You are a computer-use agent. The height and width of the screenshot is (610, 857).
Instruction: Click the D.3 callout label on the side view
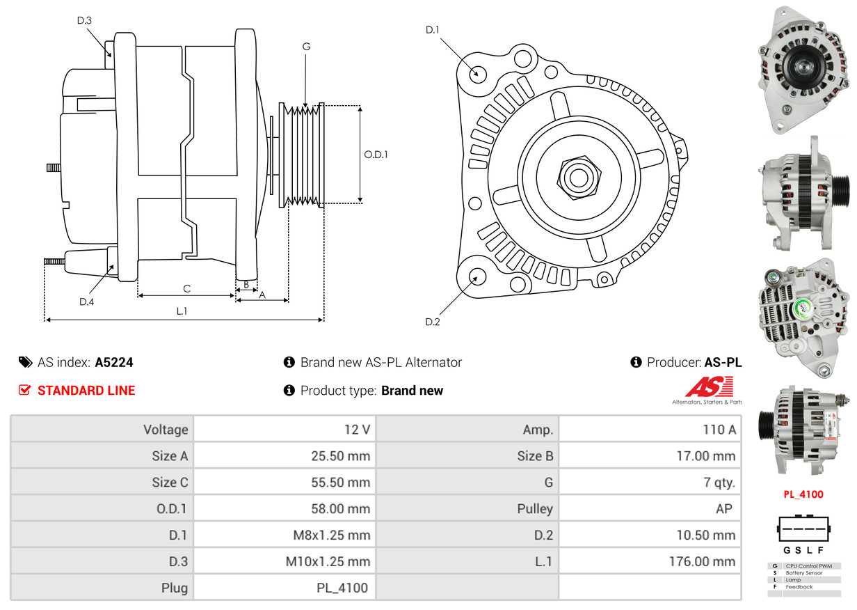pos(84,21)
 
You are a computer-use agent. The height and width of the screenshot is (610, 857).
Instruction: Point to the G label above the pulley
pos(306,47)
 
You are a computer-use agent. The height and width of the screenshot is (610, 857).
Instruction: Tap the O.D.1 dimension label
pos(376,155)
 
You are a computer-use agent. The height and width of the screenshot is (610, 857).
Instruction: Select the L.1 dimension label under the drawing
pos(182,311)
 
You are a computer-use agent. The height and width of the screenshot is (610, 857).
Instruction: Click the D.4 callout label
pos(86,302)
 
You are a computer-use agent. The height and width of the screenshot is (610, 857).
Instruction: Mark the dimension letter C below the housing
pos(186,288)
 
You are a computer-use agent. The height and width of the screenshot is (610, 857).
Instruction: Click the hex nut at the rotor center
pos(577,177)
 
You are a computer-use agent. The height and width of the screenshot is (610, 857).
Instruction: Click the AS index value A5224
pos(114,362)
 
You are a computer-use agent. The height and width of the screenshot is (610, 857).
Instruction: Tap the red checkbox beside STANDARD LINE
pos(24,390)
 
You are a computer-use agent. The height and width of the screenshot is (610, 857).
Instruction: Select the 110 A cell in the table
pos(719,430)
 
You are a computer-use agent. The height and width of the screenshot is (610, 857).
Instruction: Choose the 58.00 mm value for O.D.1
pos(340,509)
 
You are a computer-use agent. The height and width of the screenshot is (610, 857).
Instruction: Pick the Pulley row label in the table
pos(535,509)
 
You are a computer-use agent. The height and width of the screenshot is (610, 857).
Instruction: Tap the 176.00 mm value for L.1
pos(703,561)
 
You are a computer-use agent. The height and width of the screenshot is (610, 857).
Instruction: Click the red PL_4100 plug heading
pos(803,494)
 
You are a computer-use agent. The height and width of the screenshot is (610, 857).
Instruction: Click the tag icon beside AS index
pos(25,362)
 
